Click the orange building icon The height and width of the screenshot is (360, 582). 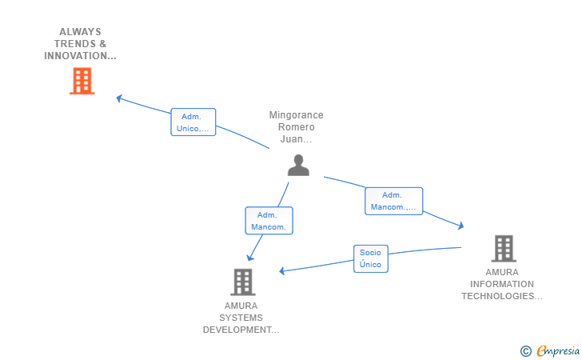pyautogui.click(x=82, y=81)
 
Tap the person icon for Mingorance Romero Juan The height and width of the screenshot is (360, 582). pyautogui.click(x=298, y=165)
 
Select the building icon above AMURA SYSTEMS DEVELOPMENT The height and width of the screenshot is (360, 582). pyautogui.click(x=243, y=282)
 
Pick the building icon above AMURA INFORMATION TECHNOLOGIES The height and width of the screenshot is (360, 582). pyautogui.click(x=504, y=249)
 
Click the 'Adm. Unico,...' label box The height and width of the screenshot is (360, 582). pyautogui.click(x=193, y=122)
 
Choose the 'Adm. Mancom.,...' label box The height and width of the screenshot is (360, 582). pyautogui.click(x=393, y=201)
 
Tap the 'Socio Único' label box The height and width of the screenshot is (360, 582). pyautogui.click(x=371, y=258)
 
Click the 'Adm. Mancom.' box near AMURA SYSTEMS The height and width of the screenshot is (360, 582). pyautogui.click(x=269, y=221)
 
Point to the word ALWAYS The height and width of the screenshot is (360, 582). pyautogui.click(x=80, y=32)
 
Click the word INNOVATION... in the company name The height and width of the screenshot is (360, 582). pyautogui.click(x=80, y=56)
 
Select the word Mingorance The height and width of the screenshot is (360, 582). pyautogui.click(x=296, y=115)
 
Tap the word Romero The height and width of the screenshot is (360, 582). pyautogui.click(x=296, y=127)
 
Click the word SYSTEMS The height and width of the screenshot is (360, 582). pyautogui.click(x=241, y=318)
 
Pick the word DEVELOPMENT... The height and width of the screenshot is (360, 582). pyautogui.click(x=241, y=330)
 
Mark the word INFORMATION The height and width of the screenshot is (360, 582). pyautogui.click(x=502, y=284)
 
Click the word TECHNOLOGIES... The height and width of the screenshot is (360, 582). pyautogui.click(x=502, y=296)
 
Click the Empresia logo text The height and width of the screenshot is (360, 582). pyautogui.click(x=558, y=350)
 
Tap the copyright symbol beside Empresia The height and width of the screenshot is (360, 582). pyautogui.click(x=526, y=351)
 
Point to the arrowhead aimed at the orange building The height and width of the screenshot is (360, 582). pyautogui.click(x=119, y=98)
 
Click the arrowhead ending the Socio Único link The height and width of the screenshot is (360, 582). pyautogui.click(x=282, y=271)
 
